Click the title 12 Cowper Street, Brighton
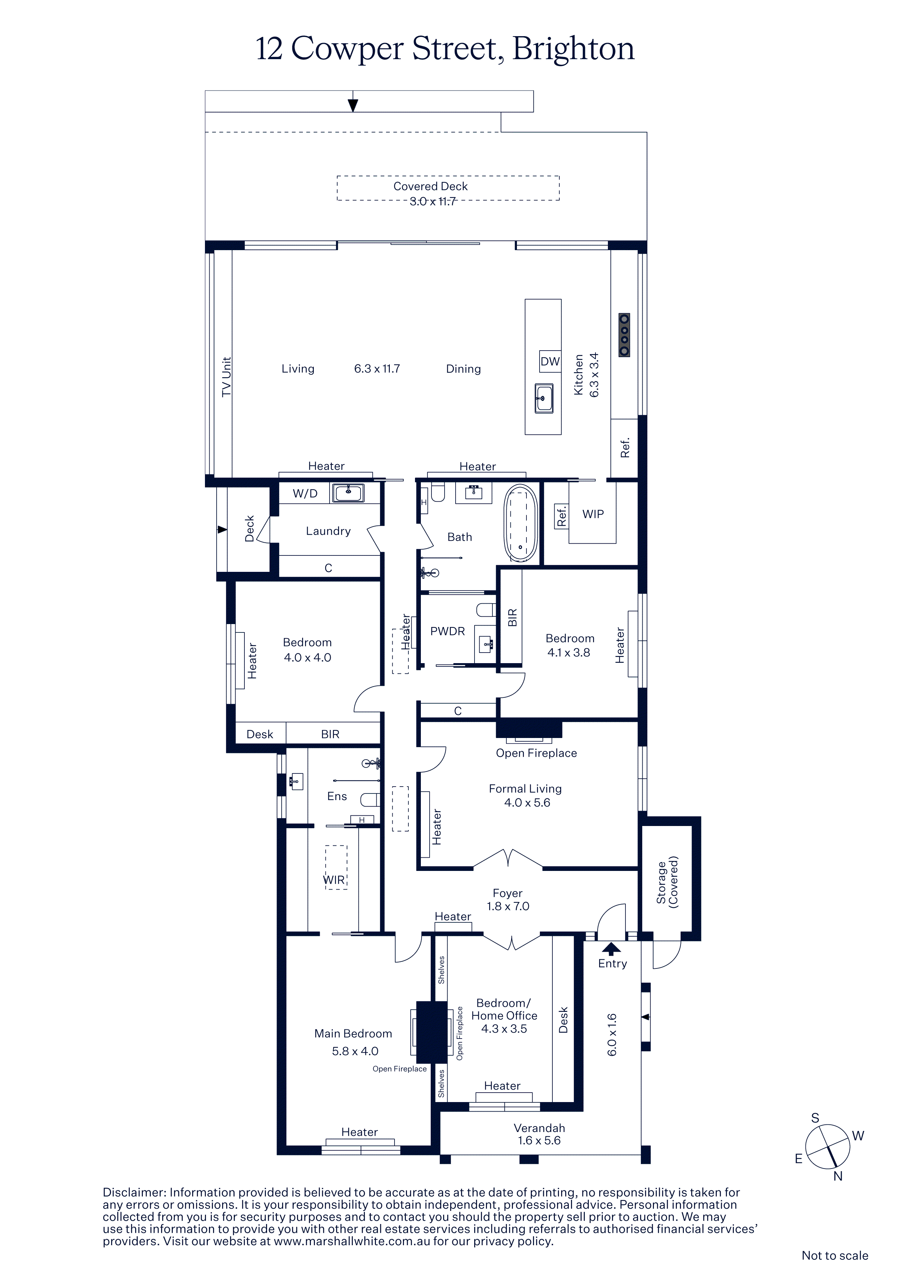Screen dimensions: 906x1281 [x=445, y=49]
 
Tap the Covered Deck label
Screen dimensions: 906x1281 [x=430, y=186]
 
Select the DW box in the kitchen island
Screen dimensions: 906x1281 [x=550, y=362]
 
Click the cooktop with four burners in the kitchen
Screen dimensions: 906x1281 [x=624, y=335]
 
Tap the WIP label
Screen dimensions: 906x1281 [x=593, y=515]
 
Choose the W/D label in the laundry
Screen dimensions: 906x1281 [x=305, y=494]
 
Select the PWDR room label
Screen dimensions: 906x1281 [x=448, y=632]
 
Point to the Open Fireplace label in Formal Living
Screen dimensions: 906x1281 [x=536, y=753]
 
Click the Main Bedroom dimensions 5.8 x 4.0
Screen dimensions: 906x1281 [x=355, y=1052]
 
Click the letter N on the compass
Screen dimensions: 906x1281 [x=838, y=1177]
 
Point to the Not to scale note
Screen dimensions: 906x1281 [x=835, y=1255]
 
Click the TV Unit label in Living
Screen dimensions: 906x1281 [x=226, y=377]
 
